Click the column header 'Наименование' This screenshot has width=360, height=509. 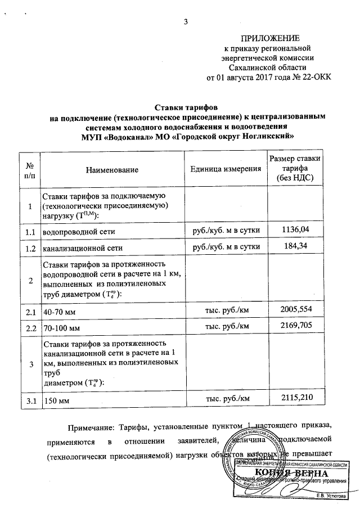112,169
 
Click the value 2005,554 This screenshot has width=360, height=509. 296,309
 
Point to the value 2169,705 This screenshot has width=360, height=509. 296,325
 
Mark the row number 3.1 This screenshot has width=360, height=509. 28,400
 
